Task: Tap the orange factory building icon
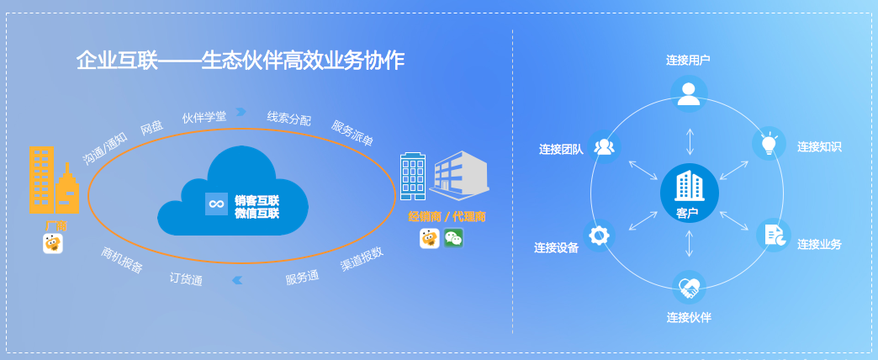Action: click(55, 180)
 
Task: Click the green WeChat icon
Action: click(453, 239)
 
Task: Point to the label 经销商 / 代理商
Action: click(447, 217)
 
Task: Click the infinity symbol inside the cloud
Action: click(216, 204)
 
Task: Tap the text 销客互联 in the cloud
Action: click(257, 200)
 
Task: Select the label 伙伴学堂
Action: click(204, 117)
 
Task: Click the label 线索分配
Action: click(289, 118)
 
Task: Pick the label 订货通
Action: click(186, 278)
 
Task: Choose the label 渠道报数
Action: click(362, 259)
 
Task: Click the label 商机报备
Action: click(122, 260)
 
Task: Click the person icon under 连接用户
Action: click(689, 93)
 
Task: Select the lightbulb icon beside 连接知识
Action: click(770, 143)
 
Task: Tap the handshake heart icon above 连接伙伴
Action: click(689, 288)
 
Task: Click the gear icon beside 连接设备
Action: click(599, 235)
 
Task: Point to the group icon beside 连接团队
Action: click(604, 146)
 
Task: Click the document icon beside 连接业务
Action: click(774, 235)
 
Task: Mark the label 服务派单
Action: click(352, 133)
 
